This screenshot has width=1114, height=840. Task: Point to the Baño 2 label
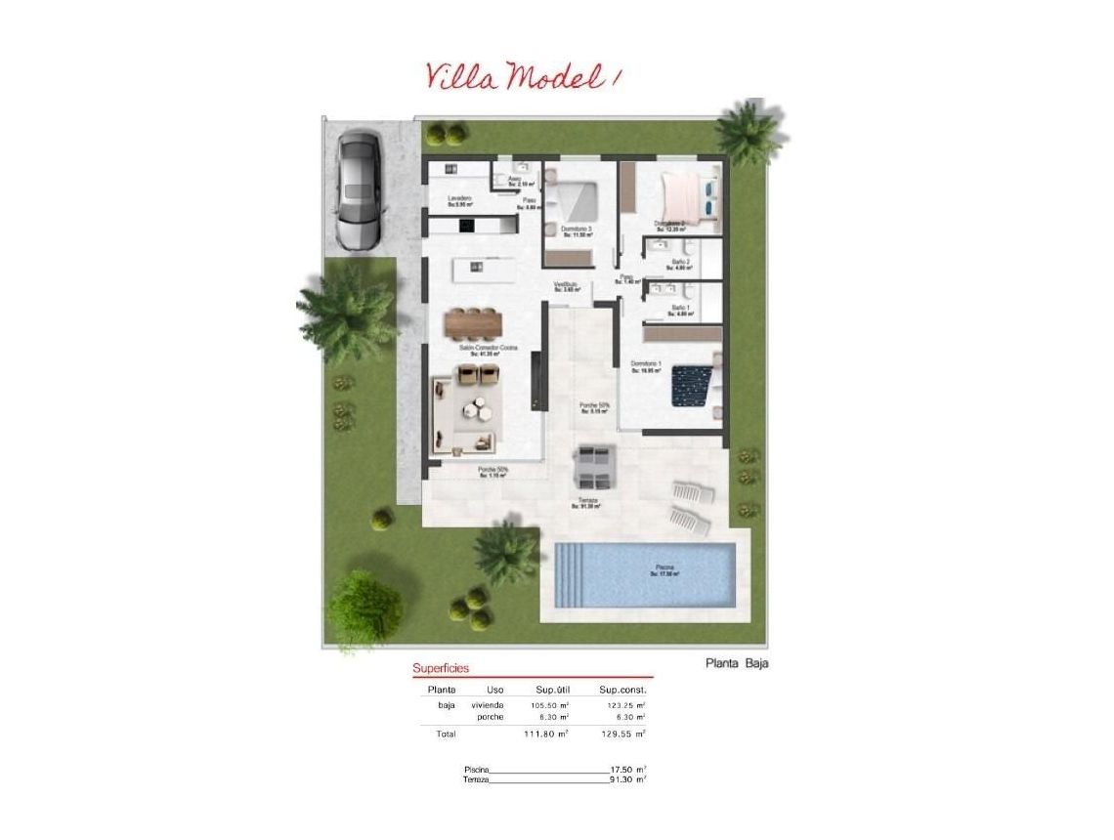point(681,263)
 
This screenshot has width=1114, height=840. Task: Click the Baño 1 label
point(681,309)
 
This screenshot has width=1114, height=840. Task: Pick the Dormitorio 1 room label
point(646,365)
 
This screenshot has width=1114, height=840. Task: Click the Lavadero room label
point(460,198)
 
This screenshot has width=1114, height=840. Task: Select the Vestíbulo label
point(567,284)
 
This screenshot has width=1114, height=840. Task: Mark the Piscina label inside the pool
point(664,567)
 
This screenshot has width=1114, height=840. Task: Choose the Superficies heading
point(441,668)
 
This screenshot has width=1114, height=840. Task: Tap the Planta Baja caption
point(738,664)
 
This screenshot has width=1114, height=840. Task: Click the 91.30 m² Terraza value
point(627,779)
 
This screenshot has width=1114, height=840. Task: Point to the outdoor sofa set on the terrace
point(594,467)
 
